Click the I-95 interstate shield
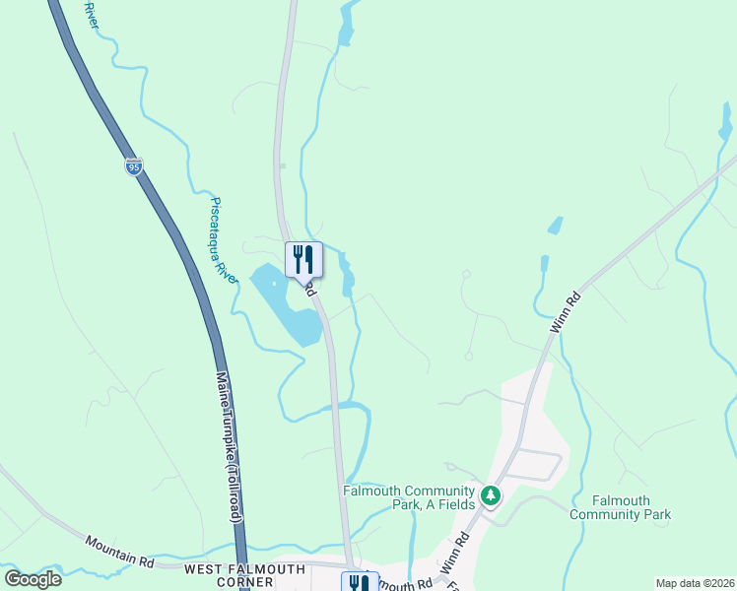(134, 165)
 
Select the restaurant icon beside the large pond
(303, 259)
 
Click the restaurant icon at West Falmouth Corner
(357, 583)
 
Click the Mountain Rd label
(119, 551)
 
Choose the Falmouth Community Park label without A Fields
(620, 507)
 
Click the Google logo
(33, 578)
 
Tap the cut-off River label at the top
(91, 14)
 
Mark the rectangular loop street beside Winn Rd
(538, 464)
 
